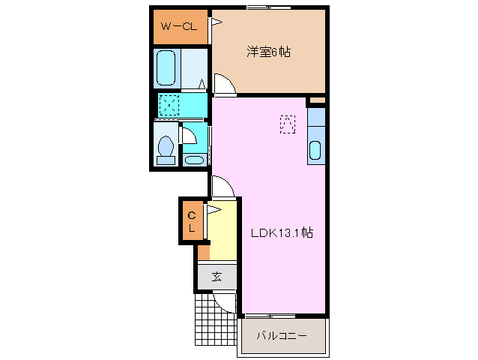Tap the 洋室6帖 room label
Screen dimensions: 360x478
[x=269, y=52]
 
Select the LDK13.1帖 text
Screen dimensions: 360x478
[x=282, y=233]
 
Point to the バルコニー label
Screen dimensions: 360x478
[x=282, y=335]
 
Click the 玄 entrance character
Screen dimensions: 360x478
[x=217, y=277]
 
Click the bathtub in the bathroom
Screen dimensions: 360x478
[x=166, y=69]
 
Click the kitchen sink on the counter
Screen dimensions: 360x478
[x=315, y=150]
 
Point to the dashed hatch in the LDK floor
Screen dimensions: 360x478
[x=288, y=123]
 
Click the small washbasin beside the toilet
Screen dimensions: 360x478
[x=193, y=159]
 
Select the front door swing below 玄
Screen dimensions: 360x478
[x=223, y=301]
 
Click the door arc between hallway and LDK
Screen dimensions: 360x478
[x=222, y=186]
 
